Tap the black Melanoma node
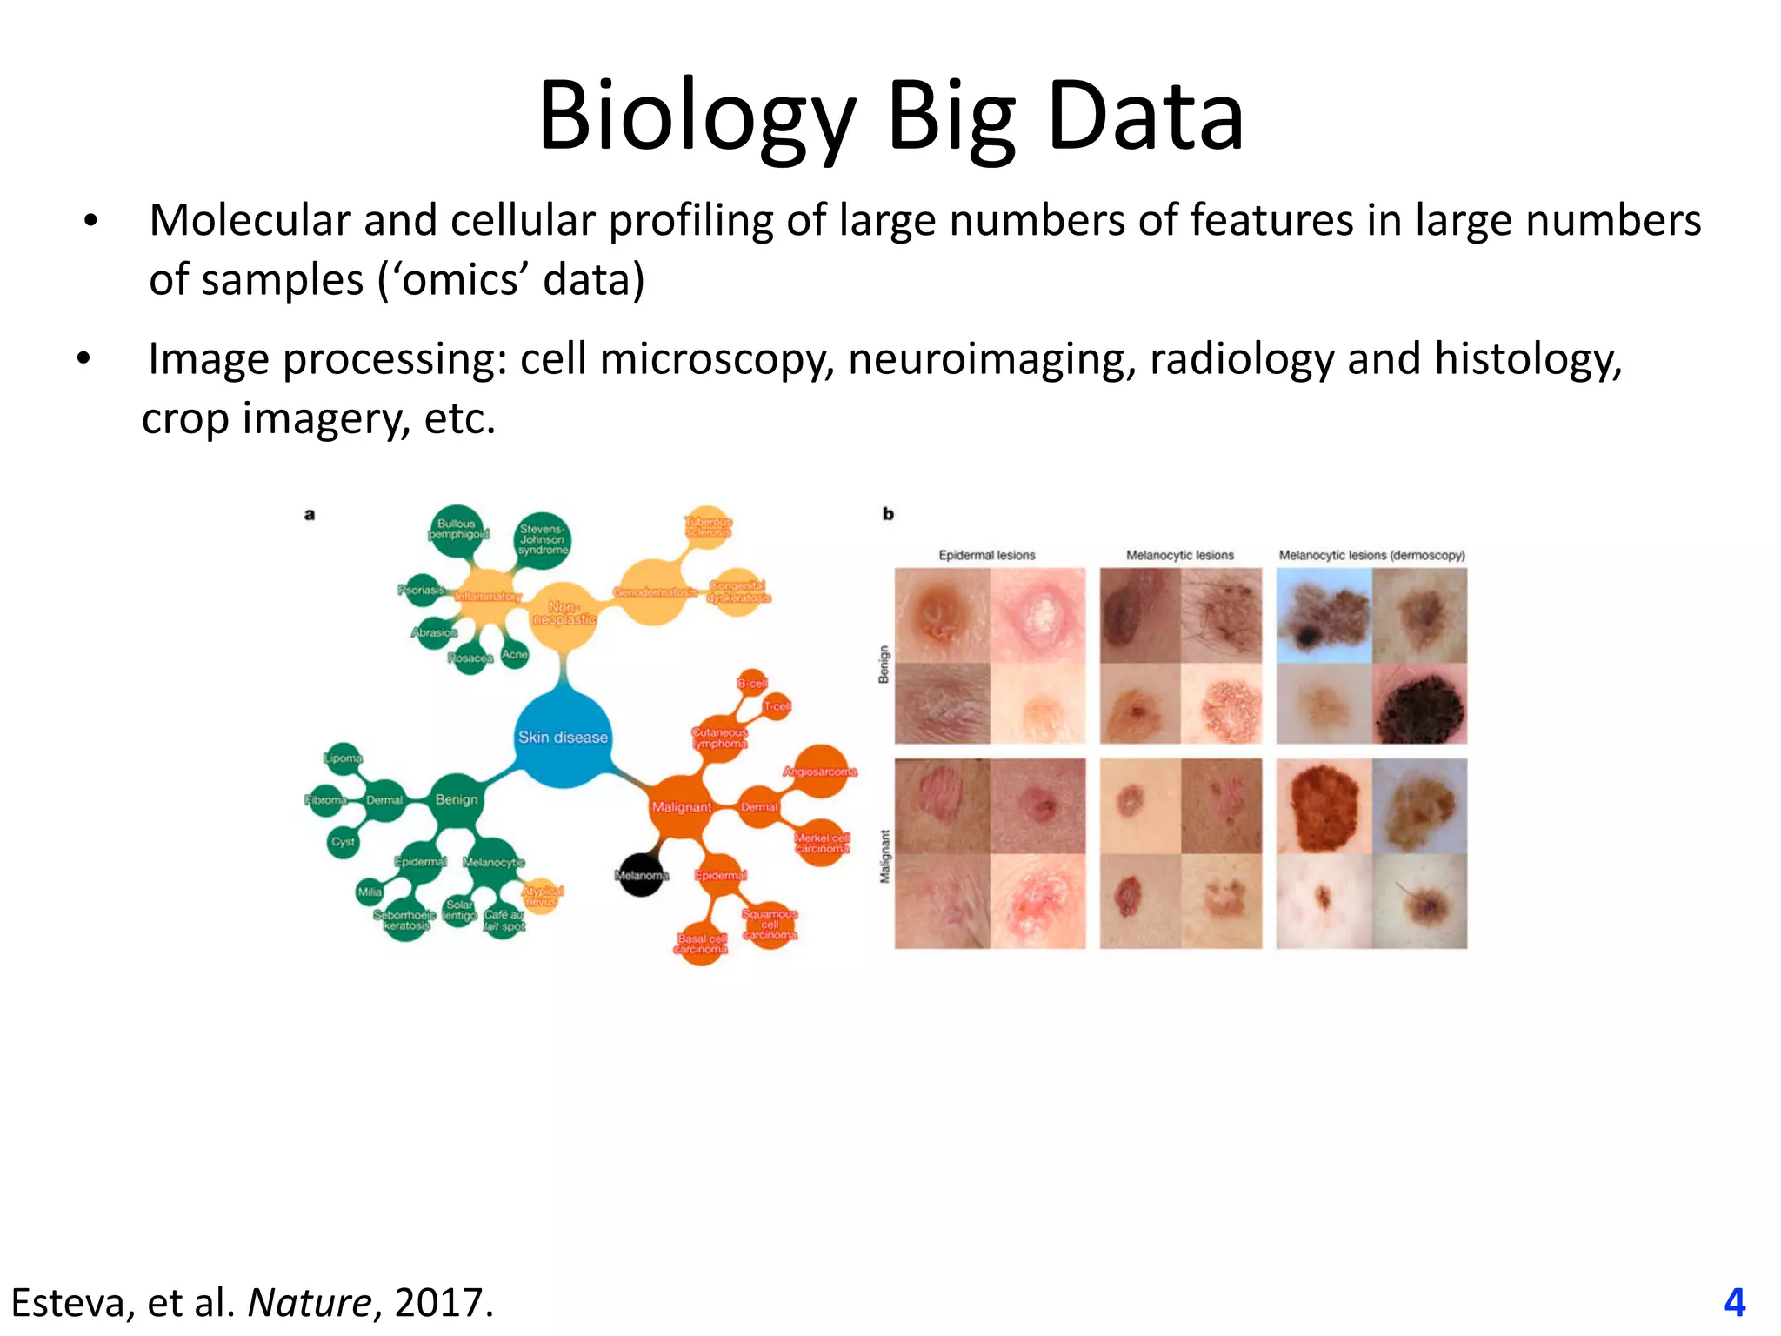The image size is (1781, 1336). [x=642, y=874]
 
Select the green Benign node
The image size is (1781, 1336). [x=457, y=799]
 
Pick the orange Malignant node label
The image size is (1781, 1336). [x=682, y=807]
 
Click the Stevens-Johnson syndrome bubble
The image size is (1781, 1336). [x=543, y=539]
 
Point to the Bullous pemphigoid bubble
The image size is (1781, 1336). [x=457, y=529]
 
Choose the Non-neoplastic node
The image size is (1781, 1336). [x=564, y=613]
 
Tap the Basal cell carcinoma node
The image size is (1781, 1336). [x=701, y=944]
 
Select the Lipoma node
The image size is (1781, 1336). [x=343, y=758]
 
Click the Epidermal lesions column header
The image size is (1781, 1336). [x=987, y=555]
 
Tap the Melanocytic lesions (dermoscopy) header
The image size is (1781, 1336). [x=1371, y=555]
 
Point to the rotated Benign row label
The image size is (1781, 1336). [x=884, y=664]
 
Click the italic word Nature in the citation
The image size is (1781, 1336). [x=310, y=1302]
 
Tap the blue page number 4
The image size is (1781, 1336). [x=1734, y=1302]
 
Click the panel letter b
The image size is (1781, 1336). [x=888, y=514]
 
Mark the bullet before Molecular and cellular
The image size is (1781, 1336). [x=90, y=221]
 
